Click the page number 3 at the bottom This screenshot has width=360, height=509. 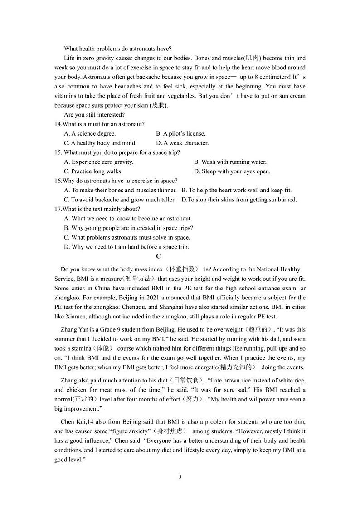180,476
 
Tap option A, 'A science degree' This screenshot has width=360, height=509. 90,134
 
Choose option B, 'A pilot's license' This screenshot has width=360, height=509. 180,134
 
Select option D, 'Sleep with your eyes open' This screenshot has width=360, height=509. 232,171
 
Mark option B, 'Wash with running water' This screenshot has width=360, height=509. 230,162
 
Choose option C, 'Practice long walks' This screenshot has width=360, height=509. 93,171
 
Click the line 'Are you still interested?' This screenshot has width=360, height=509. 94,115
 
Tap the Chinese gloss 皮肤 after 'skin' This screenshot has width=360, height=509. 159,105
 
